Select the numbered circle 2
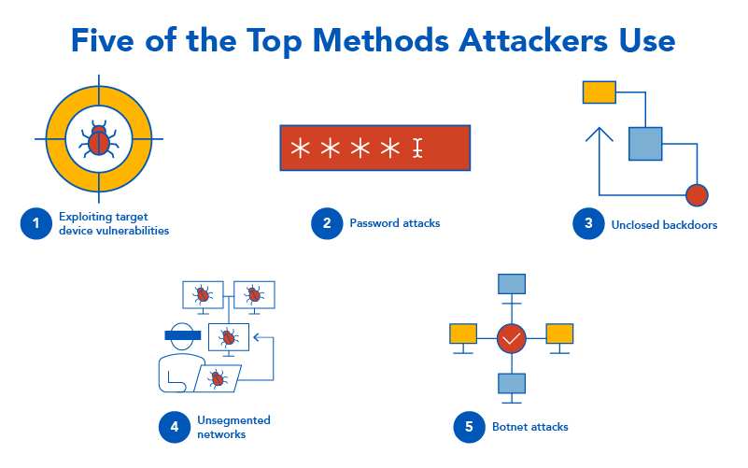click(327, 223)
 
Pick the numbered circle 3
click(588, 223)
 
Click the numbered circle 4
click(175, 427)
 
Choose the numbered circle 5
click(469, 427)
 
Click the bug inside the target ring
click(98, 139)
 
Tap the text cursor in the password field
click(417, 148)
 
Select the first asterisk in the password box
click(300, 148)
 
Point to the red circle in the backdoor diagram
click(697, 195)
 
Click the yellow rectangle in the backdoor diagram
click(599, 92)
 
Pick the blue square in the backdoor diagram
click(644, 143)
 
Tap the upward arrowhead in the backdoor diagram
click(599, 135)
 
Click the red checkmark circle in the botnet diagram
click(511, 337)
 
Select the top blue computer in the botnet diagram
click(512, 283)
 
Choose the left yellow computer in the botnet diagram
click(463, 333)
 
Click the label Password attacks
click(394, 223)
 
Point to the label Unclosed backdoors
click(664, 224)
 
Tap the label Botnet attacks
click(529, 427)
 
